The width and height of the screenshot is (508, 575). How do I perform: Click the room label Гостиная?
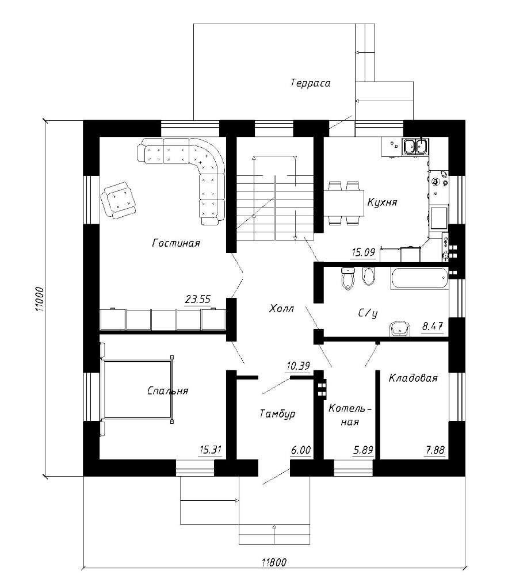176,243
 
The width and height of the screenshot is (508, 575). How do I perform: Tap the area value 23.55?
198,299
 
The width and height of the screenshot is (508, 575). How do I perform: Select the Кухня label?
382,202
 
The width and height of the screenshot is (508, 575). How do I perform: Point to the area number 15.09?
363,252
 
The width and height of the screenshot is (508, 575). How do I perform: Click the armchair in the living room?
118,200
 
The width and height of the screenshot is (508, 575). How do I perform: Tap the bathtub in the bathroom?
419,278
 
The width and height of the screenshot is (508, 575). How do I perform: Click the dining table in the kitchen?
343,202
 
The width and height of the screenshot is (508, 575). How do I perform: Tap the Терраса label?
310,83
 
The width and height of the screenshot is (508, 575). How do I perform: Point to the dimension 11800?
274,562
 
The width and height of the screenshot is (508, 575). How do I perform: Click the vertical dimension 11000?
40,299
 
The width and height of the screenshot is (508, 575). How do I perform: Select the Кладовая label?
413,378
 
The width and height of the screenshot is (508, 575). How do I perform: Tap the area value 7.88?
435,450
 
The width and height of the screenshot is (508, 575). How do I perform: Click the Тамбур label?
277,414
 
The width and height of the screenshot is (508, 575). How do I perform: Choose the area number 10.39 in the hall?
298,366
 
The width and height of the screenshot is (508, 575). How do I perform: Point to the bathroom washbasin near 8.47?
399,328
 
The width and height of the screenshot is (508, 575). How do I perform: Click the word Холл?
282,308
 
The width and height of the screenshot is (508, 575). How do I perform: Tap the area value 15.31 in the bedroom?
211,450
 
